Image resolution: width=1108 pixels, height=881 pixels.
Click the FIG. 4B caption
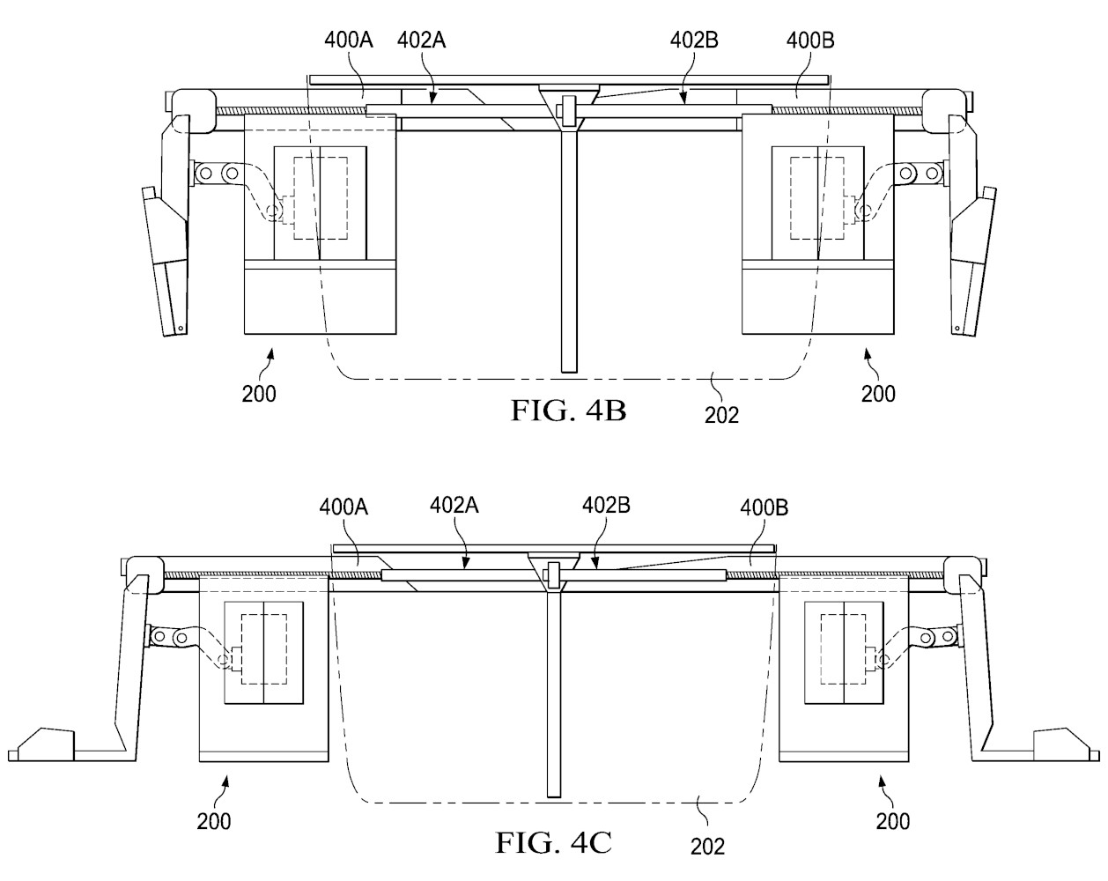(x=568, y=410)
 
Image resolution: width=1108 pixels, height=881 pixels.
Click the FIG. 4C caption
(x=553, y=842)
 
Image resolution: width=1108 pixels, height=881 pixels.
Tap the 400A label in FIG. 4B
(x=349, y=40)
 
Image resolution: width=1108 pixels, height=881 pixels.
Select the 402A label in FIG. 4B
(x=421, y=40)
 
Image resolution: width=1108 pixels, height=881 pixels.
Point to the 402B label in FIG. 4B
(x=694, y=40)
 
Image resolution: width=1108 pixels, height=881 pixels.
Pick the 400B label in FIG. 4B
(x=810, y=40)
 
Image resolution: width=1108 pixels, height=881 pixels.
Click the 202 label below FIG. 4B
(x=721, y=415)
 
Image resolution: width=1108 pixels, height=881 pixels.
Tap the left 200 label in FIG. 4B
(x=259, y=394)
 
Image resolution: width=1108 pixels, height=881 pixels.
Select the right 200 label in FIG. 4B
(x=878, y=394)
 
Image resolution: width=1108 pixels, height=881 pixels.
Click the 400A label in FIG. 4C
(x=343, y=507)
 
